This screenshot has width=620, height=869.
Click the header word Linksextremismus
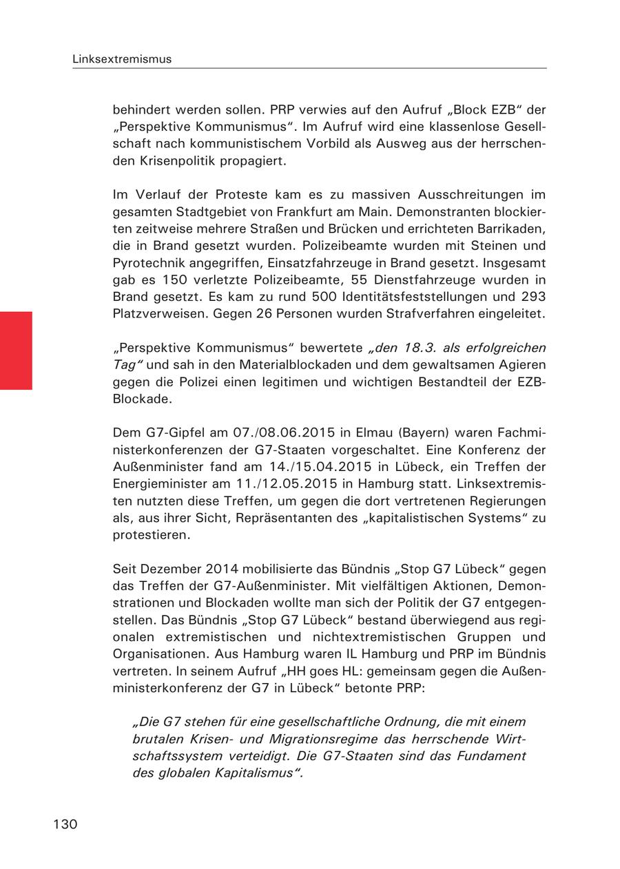(122, 59)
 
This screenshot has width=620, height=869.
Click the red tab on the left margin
(16, 350)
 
